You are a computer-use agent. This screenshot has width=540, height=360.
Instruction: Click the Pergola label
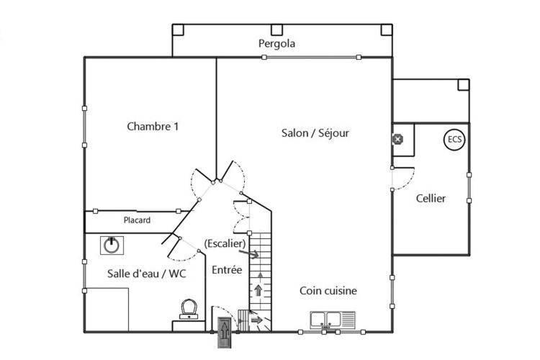click(276, 44)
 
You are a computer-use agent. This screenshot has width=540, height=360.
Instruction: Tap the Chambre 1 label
click(153, 127)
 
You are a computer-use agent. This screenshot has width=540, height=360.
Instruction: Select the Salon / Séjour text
click(315, 133)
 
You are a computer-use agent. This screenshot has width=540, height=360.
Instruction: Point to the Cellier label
click(431, 199)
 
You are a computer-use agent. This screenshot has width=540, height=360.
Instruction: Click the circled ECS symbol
click(454, 140)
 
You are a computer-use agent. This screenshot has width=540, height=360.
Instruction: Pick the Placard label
click(137, 220)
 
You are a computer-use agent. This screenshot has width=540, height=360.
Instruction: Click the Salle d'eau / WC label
click(147, 274)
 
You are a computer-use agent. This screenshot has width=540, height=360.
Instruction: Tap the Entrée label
click(227, 270)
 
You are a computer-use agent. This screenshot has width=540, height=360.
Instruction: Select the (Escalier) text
click(225, 243)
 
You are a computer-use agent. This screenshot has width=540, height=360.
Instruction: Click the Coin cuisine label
click(328, 291)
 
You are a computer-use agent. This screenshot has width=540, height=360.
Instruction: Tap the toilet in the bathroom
click(189, 309)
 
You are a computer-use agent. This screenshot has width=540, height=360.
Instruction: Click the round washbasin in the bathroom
click(112, 246)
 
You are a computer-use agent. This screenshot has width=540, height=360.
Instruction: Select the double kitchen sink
click(333, 320)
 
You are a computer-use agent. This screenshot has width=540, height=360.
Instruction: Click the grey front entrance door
click(224, 333)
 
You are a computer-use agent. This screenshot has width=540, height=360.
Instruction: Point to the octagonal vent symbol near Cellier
click(397, 139)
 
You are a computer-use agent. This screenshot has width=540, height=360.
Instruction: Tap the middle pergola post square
click(276, 30)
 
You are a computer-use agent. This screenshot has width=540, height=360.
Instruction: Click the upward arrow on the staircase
click(258, 290)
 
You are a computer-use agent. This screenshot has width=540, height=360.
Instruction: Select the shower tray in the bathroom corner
click(107, 310)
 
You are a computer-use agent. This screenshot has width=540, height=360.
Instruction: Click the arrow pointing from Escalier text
click(248, 254)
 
